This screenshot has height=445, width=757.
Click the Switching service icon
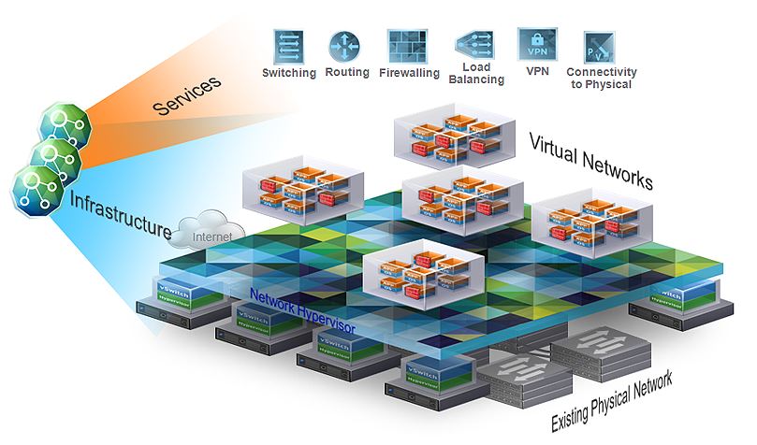pyautogui.click(x=289, y=46)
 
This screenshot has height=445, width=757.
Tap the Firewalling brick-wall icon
pyautogui.click(x=407, y=46)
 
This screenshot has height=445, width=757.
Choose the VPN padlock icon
pyautogui.click(x=537, y=43)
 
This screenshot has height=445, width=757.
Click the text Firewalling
pyautogui.click(x=409, y=73)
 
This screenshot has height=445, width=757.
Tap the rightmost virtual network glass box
pyautogui.click(x=592, y=220)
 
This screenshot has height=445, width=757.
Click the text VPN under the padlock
pyautogui.click(x=538, y=71)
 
